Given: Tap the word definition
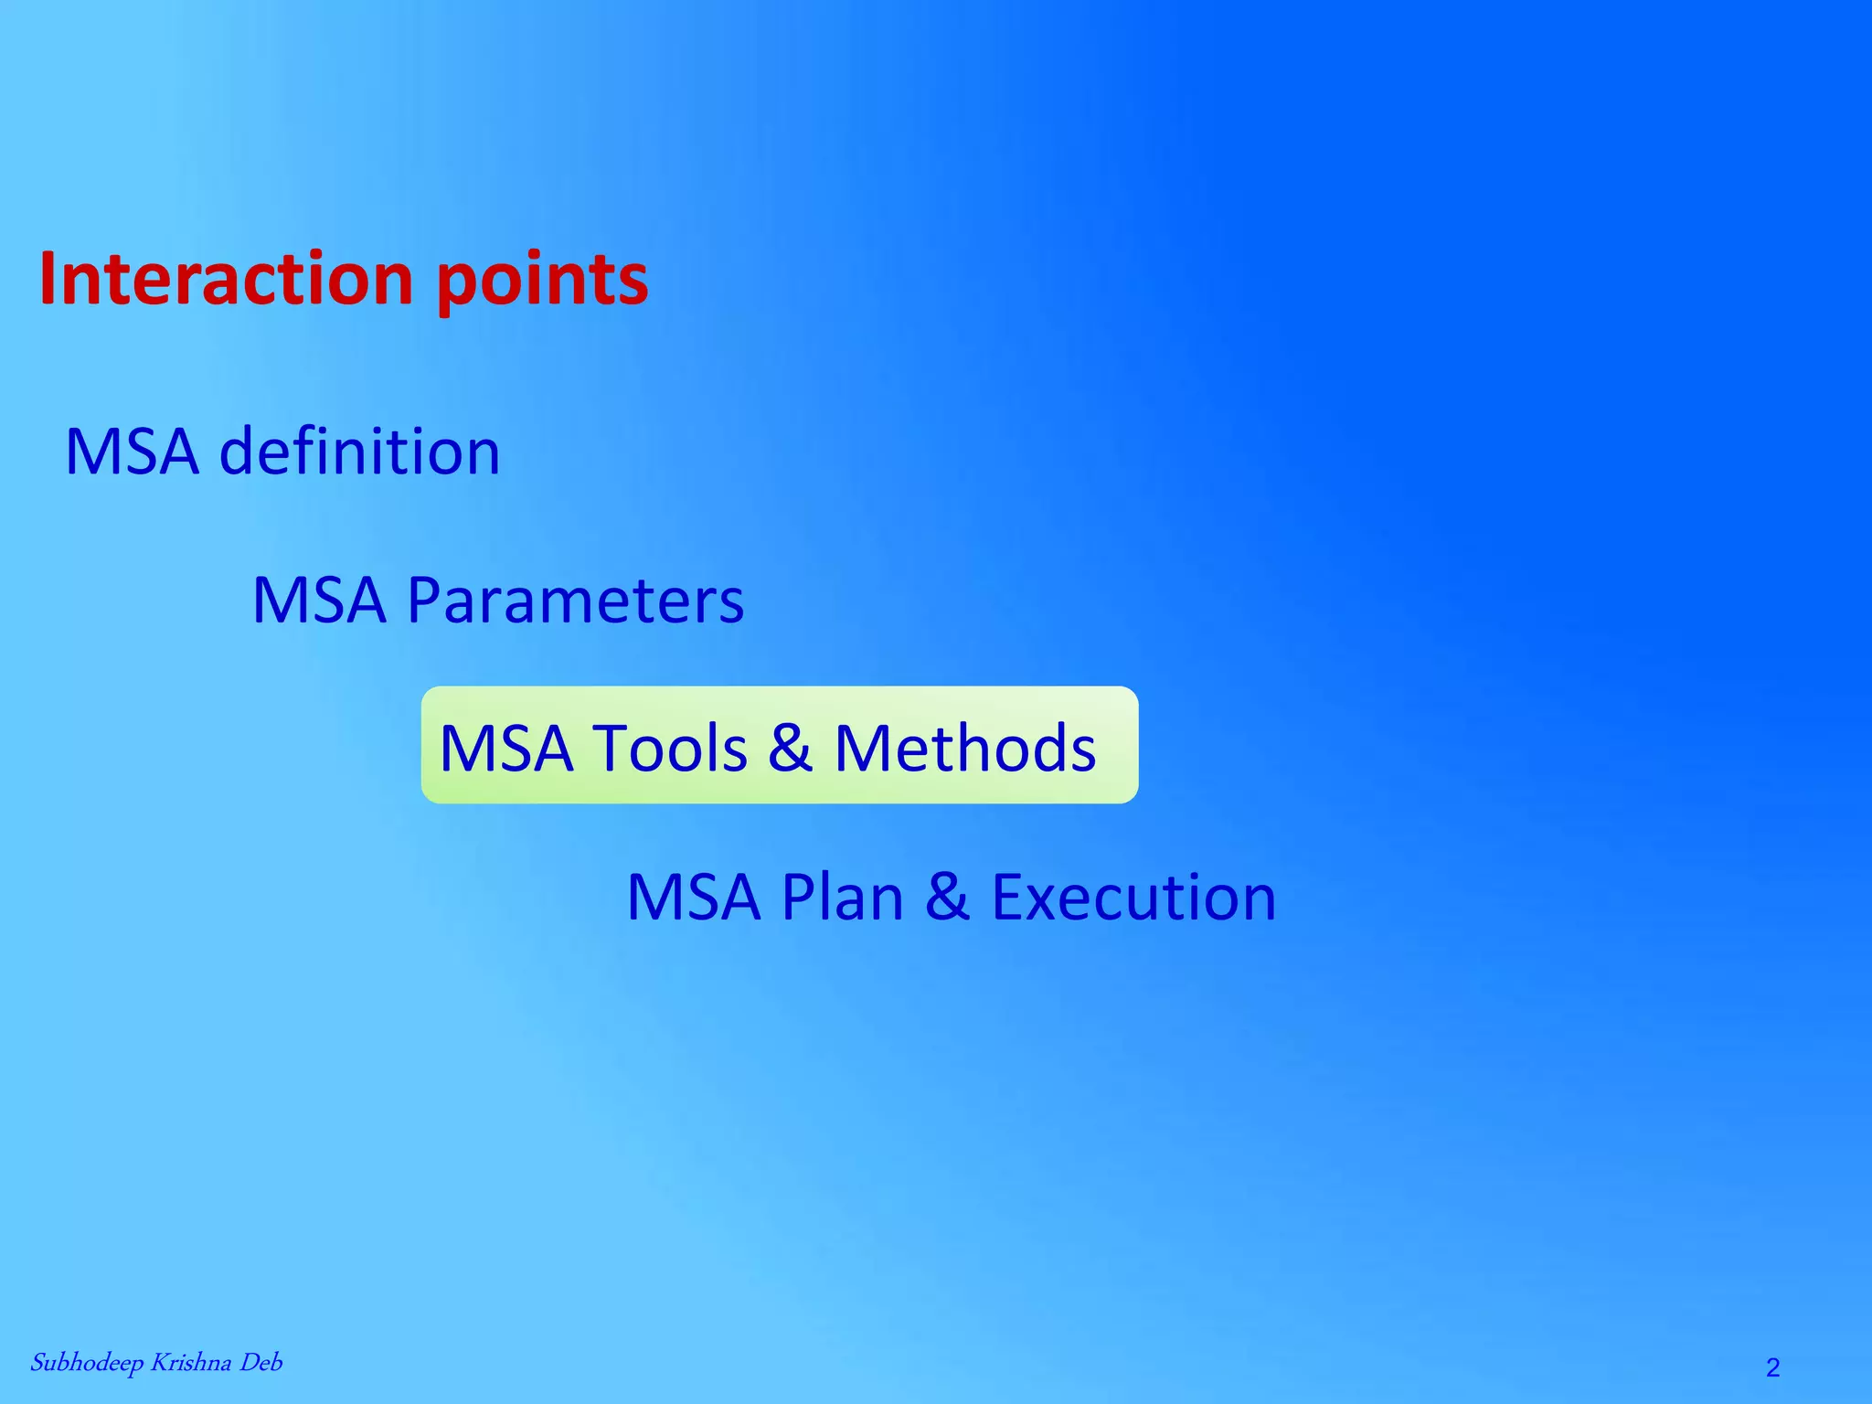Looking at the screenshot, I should click(x=359, y=452).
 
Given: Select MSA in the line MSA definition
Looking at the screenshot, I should click(x=132, y=452).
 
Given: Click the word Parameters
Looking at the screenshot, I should click(x=575, y=601).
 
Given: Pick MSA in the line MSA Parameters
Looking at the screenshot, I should click(x=319, y=601).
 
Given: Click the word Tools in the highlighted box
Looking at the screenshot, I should click(x=671, y=749).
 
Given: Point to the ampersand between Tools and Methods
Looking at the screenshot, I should click(x=790, y=749).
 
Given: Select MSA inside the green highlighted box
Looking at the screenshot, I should click(x=506, y=749).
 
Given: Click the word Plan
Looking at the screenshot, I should click(x=842, y=897).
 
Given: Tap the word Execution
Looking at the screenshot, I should click(x=1133, y=897).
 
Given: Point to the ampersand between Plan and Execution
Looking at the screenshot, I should click(x=947, y=897).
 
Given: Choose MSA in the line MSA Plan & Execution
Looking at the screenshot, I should click(x=694, y=897).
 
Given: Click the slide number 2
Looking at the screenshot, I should click(x=1772, y=1367).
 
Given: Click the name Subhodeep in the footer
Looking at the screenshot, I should click(x=87, y=1364).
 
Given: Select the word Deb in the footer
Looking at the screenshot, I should click(x=261, y=1363).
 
